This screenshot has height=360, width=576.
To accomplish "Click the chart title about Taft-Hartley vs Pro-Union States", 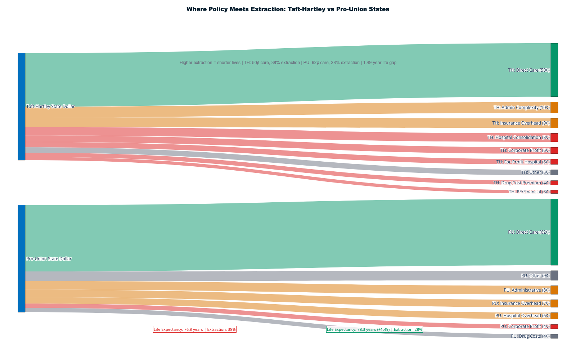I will (x=288, y=9).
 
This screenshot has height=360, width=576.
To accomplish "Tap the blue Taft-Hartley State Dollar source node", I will (x=22, y=107).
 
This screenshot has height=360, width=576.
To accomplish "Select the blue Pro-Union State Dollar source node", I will (x=22, y=258).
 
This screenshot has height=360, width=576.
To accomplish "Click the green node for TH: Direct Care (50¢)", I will (x=554, y=70).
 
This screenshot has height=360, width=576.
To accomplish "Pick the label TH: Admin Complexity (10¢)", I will (x=521, y=108).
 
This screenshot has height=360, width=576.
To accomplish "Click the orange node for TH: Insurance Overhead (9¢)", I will (x=554, y=123).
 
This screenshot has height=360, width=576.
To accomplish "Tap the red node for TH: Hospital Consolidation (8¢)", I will (x=554, y=138).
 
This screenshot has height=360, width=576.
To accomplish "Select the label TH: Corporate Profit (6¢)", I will (x=525, y=150).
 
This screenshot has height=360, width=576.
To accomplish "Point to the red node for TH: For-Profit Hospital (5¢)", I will (x=554, y=162).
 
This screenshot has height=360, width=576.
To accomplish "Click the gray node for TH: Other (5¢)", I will (x=554, y=172).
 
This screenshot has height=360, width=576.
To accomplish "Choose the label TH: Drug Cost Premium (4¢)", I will (x=521, y=183).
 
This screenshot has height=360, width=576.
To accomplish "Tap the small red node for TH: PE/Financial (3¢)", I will (x=554, y=192).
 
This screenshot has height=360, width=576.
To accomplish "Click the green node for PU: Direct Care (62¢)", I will (x=554, y=232).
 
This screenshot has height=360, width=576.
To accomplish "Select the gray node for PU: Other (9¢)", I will (x=554, y=275).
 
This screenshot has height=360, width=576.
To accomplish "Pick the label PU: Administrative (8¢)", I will (x=526, y=290).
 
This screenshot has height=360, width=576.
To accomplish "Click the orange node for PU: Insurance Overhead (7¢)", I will (x=554, y=303).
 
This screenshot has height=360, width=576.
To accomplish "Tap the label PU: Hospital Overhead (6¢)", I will (x=522, y=316).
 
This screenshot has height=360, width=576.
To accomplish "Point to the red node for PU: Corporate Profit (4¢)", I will (x=554, y=327).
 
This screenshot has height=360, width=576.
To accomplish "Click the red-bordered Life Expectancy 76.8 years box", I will (x=195, y=329).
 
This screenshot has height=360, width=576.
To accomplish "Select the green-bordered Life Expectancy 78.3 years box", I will (x=374, y=329).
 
